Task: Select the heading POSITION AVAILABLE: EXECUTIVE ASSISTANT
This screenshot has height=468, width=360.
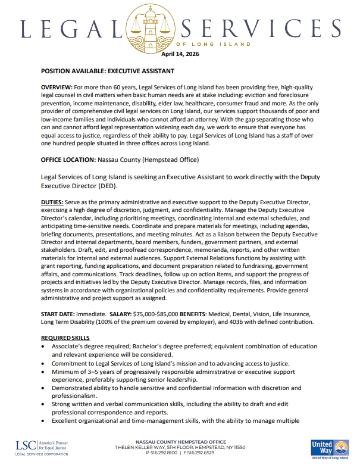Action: (107, 71)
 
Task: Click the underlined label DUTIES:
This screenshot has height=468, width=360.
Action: (52, 202)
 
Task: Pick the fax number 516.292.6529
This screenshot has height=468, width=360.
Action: (202, 453)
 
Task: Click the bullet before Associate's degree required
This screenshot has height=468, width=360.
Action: (44, 347)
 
